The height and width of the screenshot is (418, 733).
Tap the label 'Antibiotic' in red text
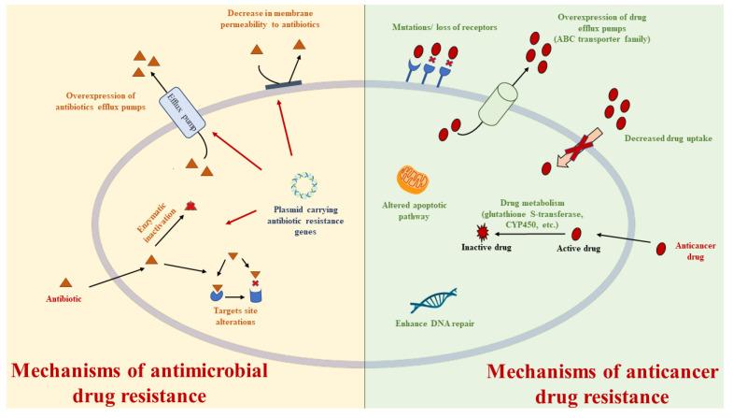[x=66, y=299]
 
